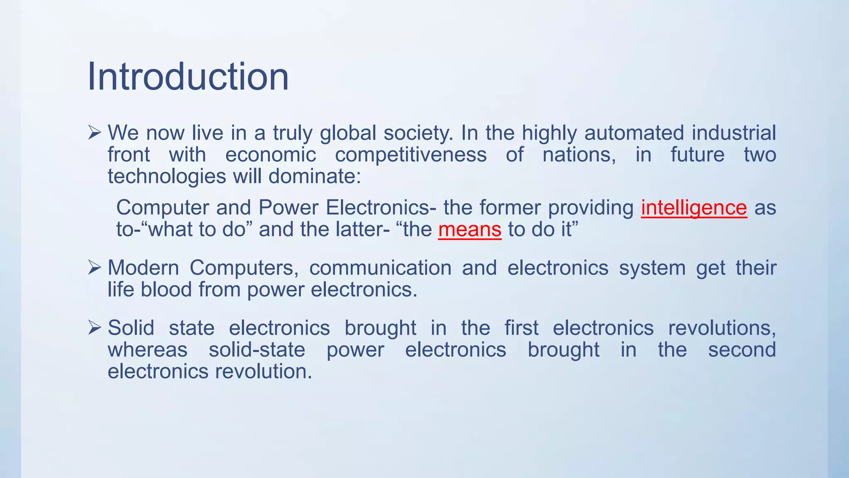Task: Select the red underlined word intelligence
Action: (x=694, y=208)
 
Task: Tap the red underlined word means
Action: (x=470, y=229)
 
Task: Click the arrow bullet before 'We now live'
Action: (x=95, y=133)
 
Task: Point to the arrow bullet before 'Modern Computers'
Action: (x=95, y=268)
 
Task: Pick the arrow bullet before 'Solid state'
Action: (x=95, y=328)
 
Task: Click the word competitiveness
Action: (x=410, y=155)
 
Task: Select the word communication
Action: (x=380, y=268)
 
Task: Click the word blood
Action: (x=166, y=290)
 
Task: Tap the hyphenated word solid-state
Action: (x=257, y=350)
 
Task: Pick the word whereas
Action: (x=148, y=350)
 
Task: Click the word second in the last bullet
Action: (x=742, y=350)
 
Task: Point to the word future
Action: (x=697, y=155)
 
